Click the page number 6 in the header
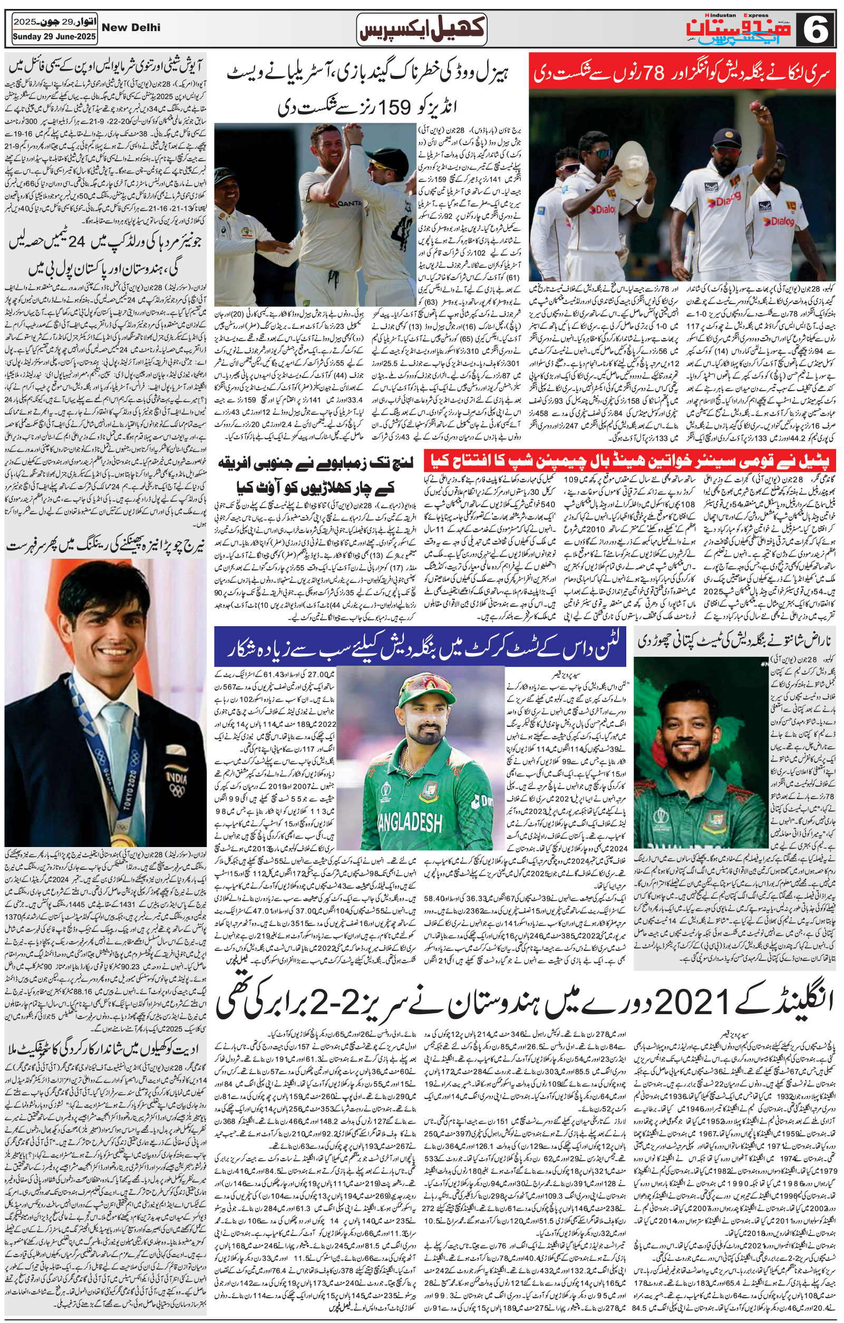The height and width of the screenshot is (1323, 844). click(819, 30)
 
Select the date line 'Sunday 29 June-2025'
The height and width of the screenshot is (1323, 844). click(54, 37)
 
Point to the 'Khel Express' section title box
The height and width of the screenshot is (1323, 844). click(421, 31)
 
